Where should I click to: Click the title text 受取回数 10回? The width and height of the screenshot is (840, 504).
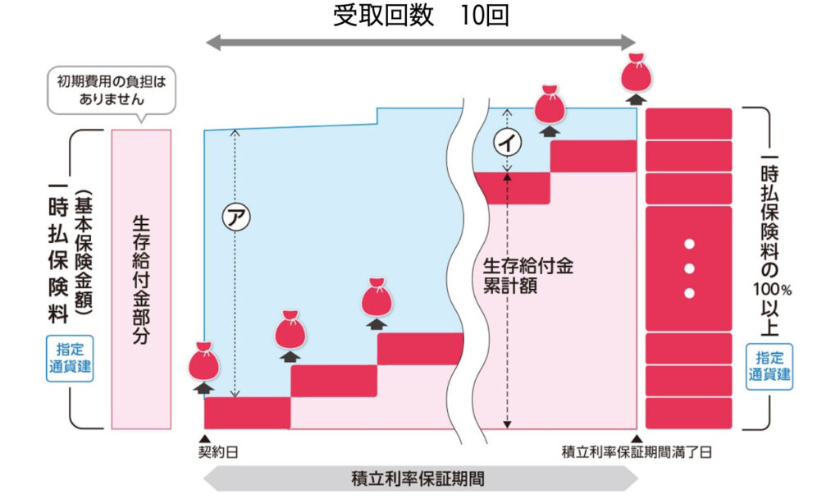(x=420, y=16)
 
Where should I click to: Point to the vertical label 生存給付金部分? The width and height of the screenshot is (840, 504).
(x=140, y=279)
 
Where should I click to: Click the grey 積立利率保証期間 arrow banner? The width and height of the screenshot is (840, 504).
(x=421, y=479)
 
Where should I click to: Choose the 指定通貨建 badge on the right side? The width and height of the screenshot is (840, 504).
(x=769, y=366)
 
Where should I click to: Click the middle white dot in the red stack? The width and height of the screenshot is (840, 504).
(x=689, y=268)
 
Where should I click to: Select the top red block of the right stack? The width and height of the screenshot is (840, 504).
(x=689, y=123)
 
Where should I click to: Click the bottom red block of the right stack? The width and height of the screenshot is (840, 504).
(x=689, y=413)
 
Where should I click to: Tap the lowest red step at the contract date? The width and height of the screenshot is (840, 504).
(x=247, y=412)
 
